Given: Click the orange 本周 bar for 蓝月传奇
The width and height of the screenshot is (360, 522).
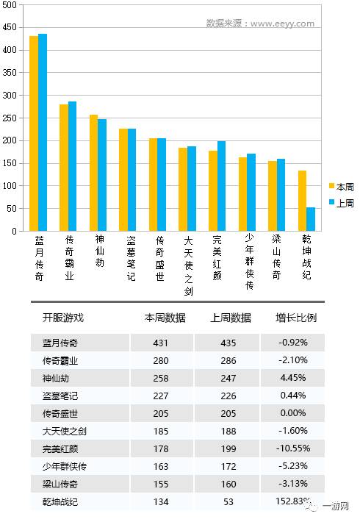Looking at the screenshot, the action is click(34, 133).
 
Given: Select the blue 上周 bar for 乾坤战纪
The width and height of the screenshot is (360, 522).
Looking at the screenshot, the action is click(311, 219).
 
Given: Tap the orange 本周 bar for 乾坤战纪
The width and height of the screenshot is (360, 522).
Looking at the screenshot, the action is click(302, 201).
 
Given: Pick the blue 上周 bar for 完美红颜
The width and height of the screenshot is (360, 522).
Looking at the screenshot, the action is click(221, 186).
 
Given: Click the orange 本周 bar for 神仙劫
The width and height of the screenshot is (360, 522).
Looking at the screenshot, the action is click(93, 173).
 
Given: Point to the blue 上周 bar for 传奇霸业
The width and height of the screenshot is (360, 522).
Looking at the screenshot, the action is click(72, 166).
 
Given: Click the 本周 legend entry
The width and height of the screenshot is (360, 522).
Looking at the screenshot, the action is click(342, 187).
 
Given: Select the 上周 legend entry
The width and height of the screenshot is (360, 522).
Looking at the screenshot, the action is click(342, 203).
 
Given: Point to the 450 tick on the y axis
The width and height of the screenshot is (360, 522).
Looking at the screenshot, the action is click(10, 27).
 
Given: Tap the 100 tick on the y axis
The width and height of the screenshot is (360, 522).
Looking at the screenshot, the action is click(10, 186).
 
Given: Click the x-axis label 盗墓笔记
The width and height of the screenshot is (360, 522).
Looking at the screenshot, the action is click(131, 258).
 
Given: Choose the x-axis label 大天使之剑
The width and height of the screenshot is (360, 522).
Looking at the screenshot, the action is click(188, 265).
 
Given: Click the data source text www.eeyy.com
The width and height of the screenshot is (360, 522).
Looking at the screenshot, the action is click(282, 24).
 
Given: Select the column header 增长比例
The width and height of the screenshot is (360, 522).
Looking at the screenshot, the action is click(296, 318).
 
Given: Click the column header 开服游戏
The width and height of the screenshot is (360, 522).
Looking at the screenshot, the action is click(63, 318).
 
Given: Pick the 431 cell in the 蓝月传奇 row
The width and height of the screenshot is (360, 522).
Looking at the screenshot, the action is click(161, 343).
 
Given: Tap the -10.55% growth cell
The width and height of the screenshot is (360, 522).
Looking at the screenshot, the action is click(293, 448).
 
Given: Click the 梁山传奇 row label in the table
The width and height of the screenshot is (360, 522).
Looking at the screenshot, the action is click(60, 484).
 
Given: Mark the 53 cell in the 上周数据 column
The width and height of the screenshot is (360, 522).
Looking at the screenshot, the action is click(228, 501).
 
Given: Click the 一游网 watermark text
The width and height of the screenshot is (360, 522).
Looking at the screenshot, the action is click(335, 507).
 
